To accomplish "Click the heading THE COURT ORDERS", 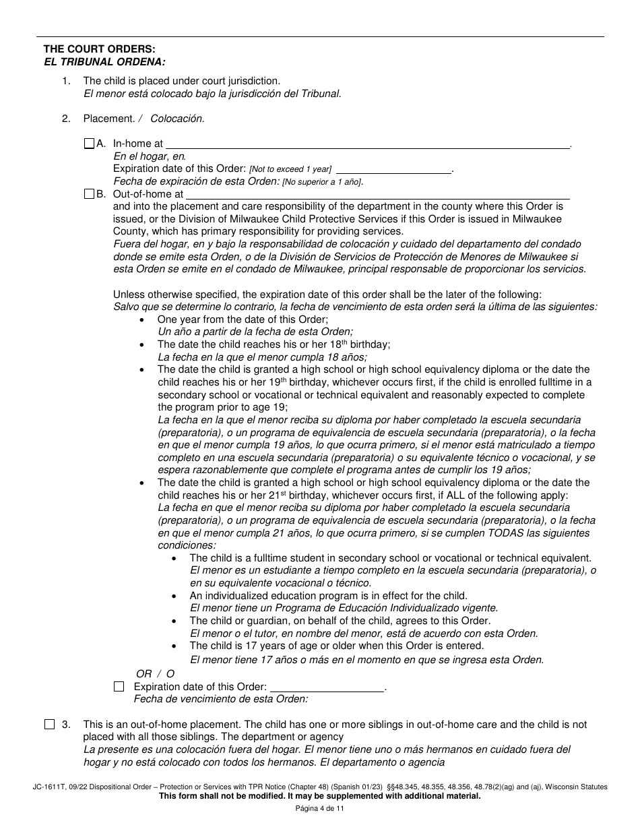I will point(99,49).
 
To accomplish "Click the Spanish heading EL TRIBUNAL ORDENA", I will point(104,61).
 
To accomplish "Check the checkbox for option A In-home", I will point(89,144).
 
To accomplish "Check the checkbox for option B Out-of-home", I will point(89,194).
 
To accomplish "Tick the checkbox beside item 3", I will point(49,725).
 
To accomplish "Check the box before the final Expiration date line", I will point(119,687).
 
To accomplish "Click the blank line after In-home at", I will point(367,143).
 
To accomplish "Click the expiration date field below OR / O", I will point(326,687).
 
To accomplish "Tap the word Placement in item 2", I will point(108,119).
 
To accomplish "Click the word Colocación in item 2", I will point(177,119).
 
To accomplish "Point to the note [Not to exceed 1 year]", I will point(290,170).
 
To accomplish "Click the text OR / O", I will point(155,673).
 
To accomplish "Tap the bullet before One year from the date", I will point(141,319).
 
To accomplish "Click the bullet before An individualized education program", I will point(174,596).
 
